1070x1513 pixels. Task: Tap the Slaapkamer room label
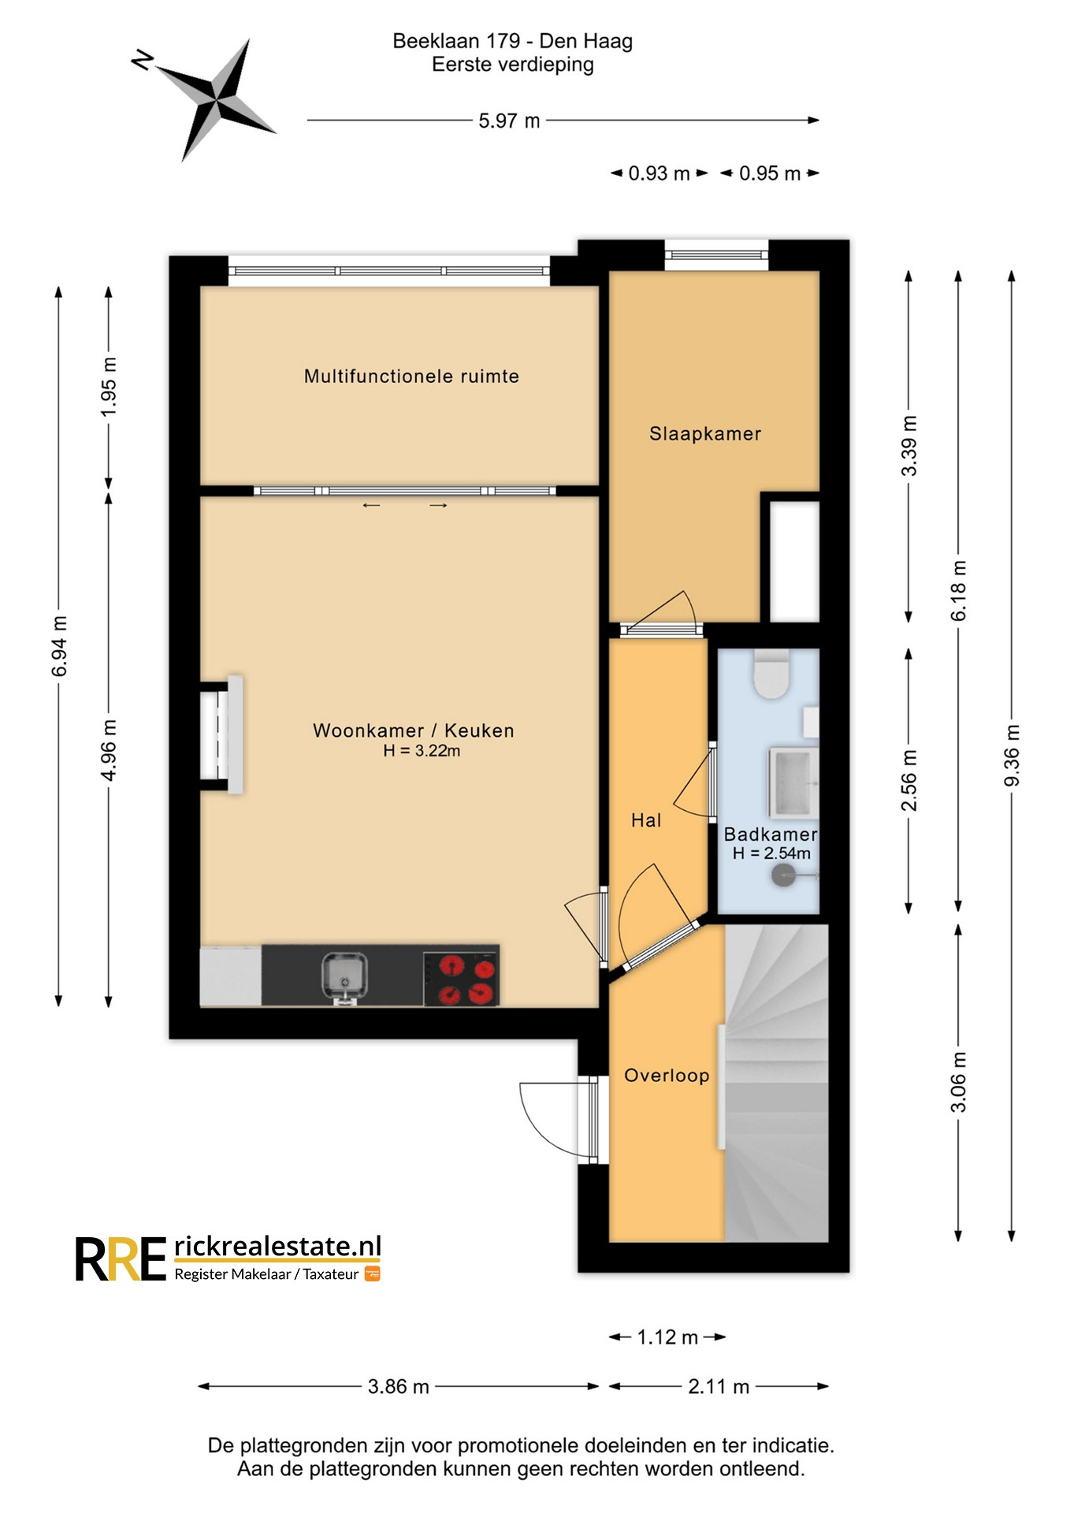pyautogui.click(x=705, y=433)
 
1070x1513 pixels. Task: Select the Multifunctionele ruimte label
pyautogui.click(x=411, y=376)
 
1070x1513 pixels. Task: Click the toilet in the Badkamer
pyautogui.click(x=771, y=674)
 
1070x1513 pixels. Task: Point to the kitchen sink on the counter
pyautogui.click(x=344, y=977)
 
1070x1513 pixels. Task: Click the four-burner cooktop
pyautogui.click(x=461, y=978)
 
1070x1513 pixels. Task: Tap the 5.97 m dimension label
pyautogui.click(x=509, y=121)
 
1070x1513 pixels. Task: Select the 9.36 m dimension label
pyautogui.click(x=1012, y=755)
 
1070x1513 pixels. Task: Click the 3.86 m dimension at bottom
pyautogui.click(x=398, y=1386)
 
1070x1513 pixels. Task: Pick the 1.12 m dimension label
pyautogui.click(x=667, y=1337)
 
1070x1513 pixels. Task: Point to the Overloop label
pyautogui.click(x=667, y=1076)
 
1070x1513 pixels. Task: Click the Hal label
pyautogui.click(x=646, y=820)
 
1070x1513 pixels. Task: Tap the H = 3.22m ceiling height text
pyautogui.click(x=422, y=751)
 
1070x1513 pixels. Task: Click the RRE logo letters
pyautogui.click(x=121, y=1258)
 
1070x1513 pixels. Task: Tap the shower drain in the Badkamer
pyautogui.click(x=783, y=875)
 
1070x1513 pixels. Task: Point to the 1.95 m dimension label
pyautogui.click(x=109, y=387)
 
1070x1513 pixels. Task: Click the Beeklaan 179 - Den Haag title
pyautogui.click(x=512, y=41)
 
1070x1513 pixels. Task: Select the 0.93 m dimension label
pyautogui.click(x=659, y=173)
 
